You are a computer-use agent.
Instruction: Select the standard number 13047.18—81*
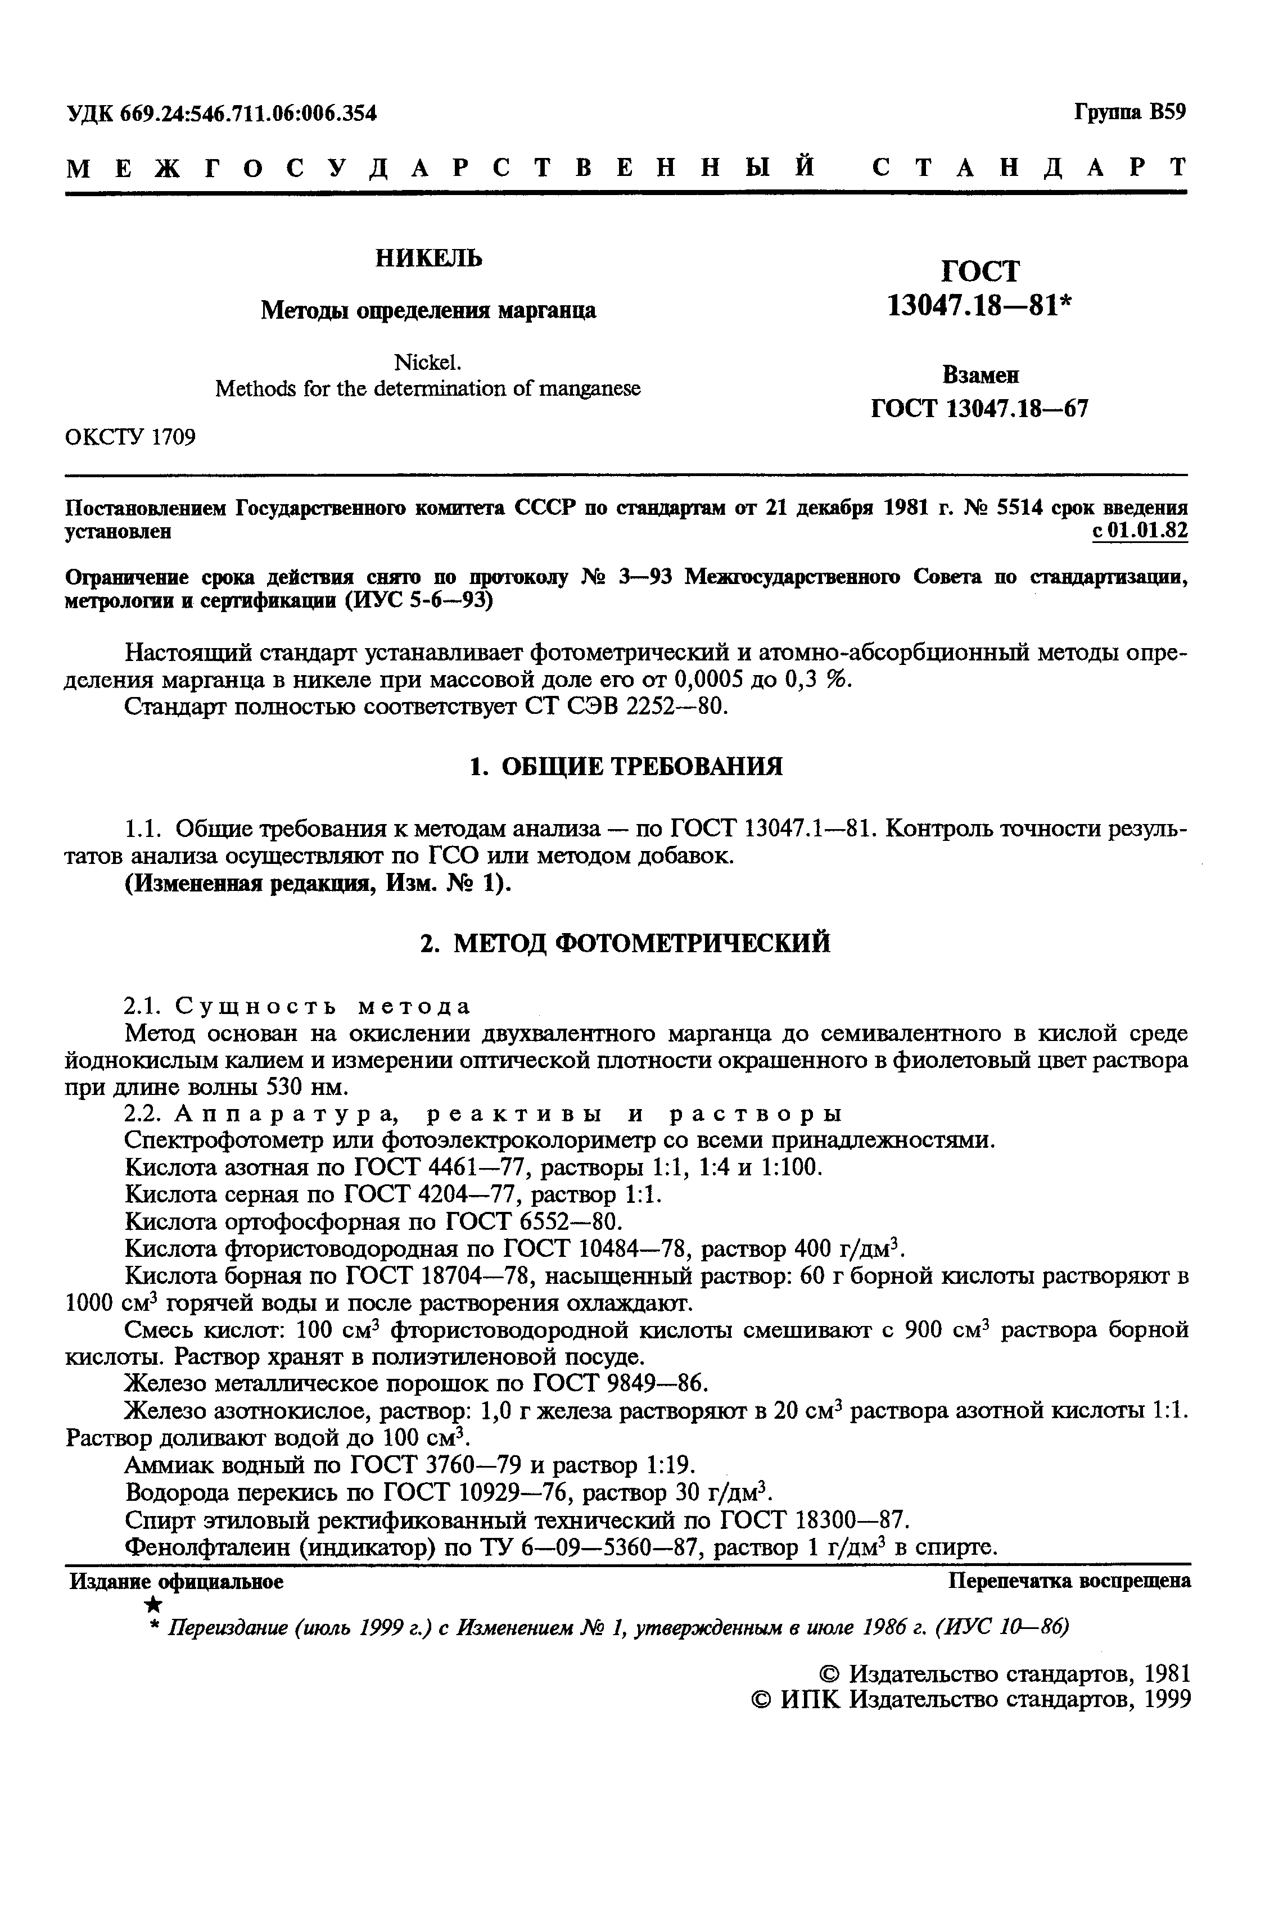(x=980, y=305)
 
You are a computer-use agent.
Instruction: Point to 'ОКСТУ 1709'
(x=130, y=437)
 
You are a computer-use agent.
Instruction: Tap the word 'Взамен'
(x=980, y=375)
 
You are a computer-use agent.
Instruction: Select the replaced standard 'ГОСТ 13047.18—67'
(x=980, y=409)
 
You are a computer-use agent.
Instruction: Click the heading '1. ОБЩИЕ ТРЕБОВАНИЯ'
(x=626, y=766)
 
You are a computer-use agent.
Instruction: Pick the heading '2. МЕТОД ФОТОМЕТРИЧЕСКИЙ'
(x=626, y=943)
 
